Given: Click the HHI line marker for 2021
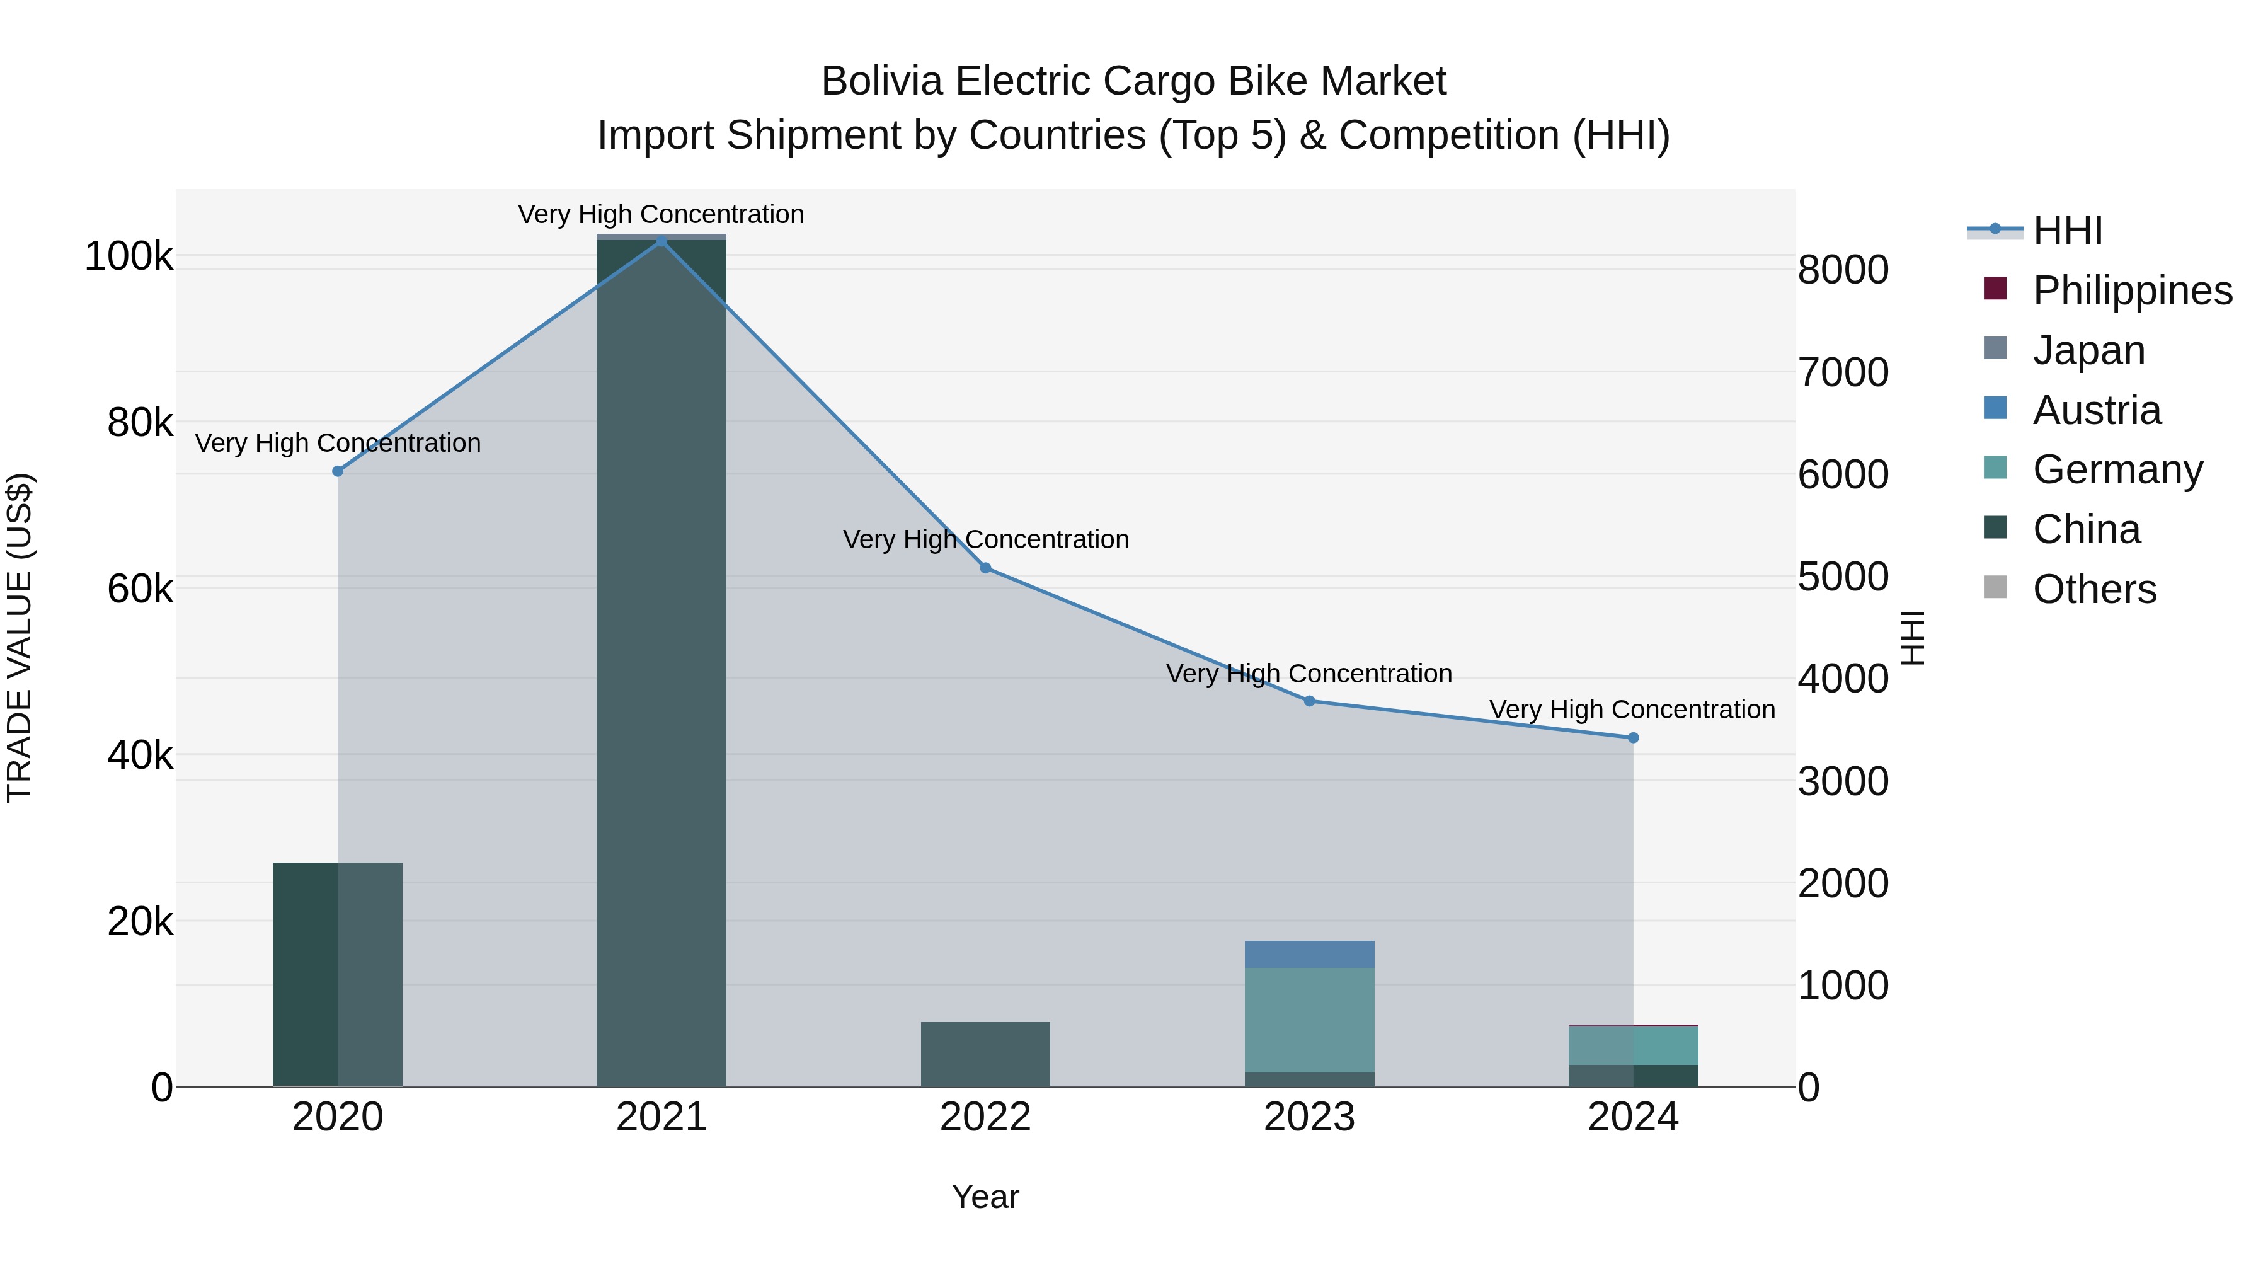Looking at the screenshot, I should click(661, 241).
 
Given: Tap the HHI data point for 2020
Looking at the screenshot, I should click(337, 471).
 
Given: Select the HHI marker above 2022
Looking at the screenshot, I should click(985, 568).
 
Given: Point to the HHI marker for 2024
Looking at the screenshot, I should click(1633, 738).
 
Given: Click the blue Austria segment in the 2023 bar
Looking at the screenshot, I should click(1309, 954).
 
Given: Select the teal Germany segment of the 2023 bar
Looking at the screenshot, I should click(1309, 1019).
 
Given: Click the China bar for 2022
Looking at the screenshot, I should click(985, 1054).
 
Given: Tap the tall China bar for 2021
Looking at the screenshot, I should click(661, 660).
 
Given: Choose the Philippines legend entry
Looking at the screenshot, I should click(2131, 290).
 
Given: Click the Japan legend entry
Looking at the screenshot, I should click(2088, 350).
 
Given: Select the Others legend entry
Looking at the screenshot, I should click(2093, 589).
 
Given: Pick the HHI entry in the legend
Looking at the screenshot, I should click(2067, 231).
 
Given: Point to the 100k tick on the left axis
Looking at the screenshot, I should click(129, 257).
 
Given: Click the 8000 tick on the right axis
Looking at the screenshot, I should click(1843, 270).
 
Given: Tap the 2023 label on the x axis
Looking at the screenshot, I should click(1309, 1117).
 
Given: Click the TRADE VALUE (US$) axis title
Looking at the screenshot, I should click(20, 638).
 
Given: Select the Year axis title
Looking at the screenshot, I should click(985, 1197).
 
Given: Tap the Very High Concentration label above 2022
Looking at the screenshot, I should click(985, 539).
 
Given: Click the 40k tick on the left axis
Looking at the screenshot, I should click(140, 756).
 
